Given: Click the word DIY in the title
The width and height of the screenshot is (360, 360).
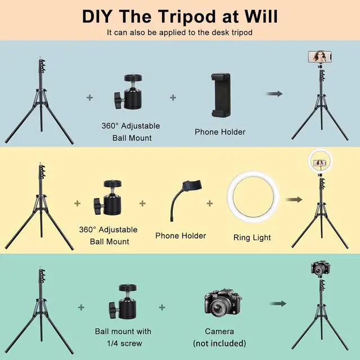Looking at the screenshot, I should click(103, 15).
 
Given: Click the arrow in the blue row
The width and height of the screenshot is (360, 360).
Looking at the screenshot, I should click(274, 94).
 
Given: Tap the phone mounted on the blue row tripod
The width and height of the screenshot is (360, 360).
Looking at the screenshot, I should click(319, 57).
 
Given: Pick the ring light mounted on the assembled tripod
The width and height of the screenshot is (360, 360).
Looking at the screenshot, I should click(319, 163).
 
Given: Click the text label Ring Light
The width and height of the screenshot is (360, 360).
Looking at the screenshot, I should click(252, 237).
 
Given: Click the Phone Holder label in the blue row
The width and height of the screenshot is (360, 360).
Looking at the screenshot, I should click(220, 132).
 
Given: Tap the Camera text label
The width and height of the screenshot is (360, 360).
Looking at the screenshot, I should click(219, 331).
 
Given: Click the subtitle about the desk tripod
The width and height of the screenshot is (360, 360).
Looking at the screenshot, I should click(179, 32).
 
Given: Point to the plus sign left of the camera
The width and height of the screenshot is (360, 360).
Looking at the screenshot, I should click(162, 307).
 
